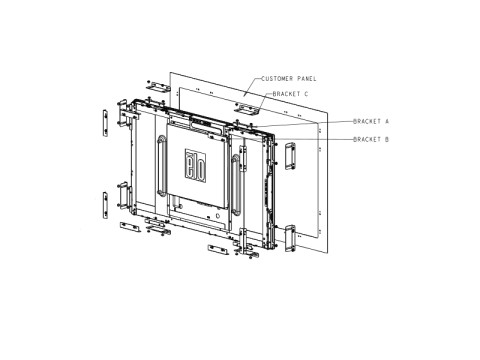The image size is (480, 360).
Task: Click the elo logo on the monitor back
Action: click(195, 166)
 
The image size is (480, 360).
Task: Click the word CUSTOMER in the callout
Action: click(277, 79)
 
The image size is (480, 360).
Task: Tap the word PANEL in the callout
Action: click(307, 79)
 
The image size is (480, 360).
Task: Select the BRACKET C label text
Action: click(290, 94)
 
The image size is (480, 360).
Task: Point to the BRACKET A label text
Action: click(371, 121)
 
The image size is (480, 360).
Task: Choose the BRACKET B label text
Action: click(371, 139)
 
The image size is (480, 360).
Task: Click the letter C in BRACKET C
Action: click(306, 94)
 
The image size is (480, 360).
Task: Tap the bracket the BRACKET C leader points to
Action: click(247, 109)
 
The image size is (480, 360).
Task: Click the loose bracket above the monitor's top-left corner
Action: click(158, 86)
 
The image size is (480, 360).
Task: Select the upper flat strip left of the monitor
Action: click(105, 123)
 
